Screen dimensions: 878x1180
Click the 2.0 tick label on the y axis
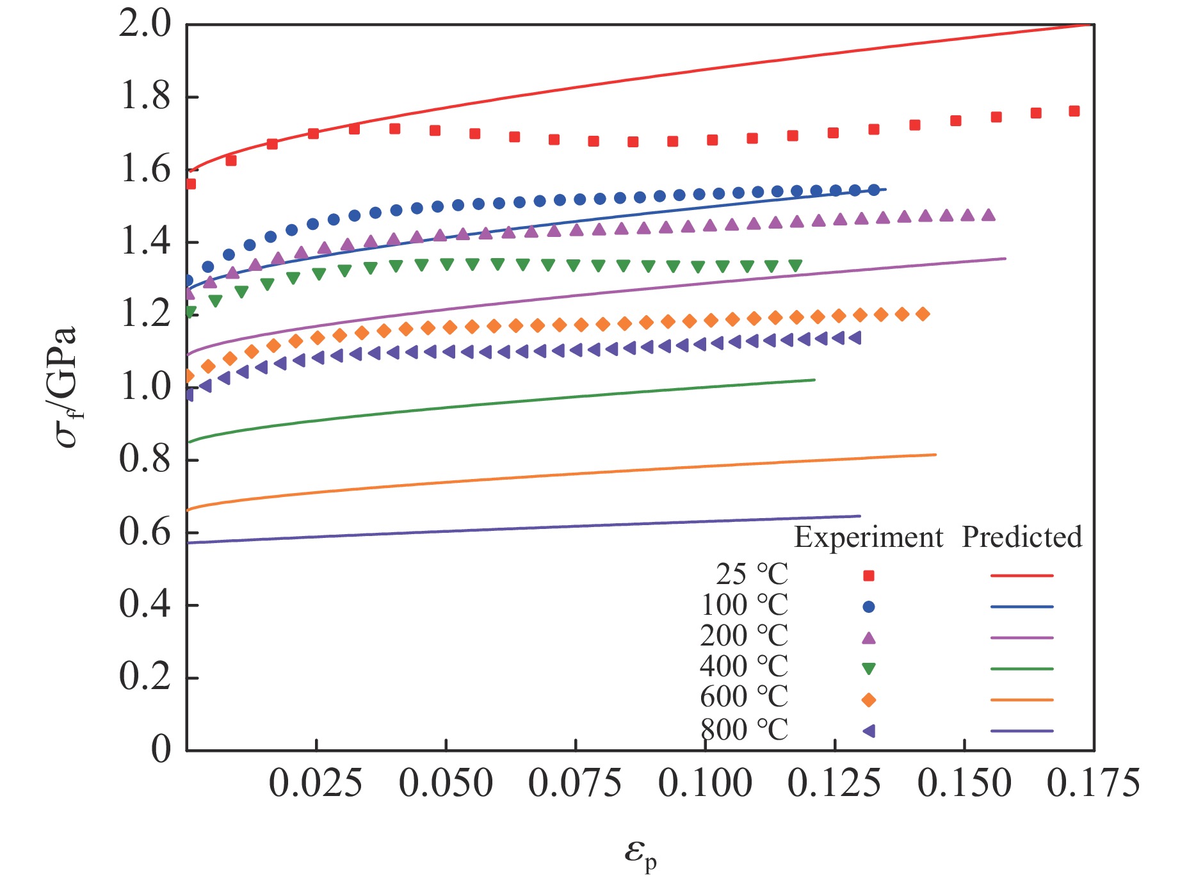tap(145, 25)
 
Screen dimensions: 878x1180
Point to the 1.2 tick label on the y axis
tap(145, 315)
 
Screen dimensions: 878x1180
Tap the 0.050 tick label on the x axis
tap(446, 783)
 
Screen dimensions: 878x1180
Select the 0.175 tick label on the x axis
tap(1094, 783)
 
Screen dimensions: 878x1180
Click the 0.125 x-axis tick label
tap(834, 783)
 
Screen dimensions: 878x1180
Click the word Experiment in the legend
tap(868, 537)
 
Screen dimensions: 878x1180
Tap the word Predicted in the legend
tap(1022, 537)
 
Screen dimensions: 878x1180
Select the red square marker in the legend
tap(869, 576)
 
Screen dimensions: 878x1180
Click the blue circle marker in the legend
tap(869, 606)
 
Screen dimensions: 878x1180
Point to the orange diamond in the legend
tap(869, 700)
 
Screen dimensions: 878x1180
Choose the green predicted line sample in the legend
tap(1021, 669)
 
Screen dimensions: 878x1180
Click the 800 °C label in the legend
tap(744, 730)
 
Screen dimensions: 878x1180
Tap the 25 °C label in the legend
tap(752, 574)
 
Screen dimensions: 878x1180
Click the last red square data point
tap(1074, 111)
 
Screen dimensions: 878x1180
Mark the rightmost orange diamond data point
tap(923, 314)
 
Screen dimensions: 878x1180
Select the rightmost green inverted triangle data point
tap(795, 266)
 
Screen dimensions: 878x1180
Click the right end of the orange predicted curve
tap(935, 455)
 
